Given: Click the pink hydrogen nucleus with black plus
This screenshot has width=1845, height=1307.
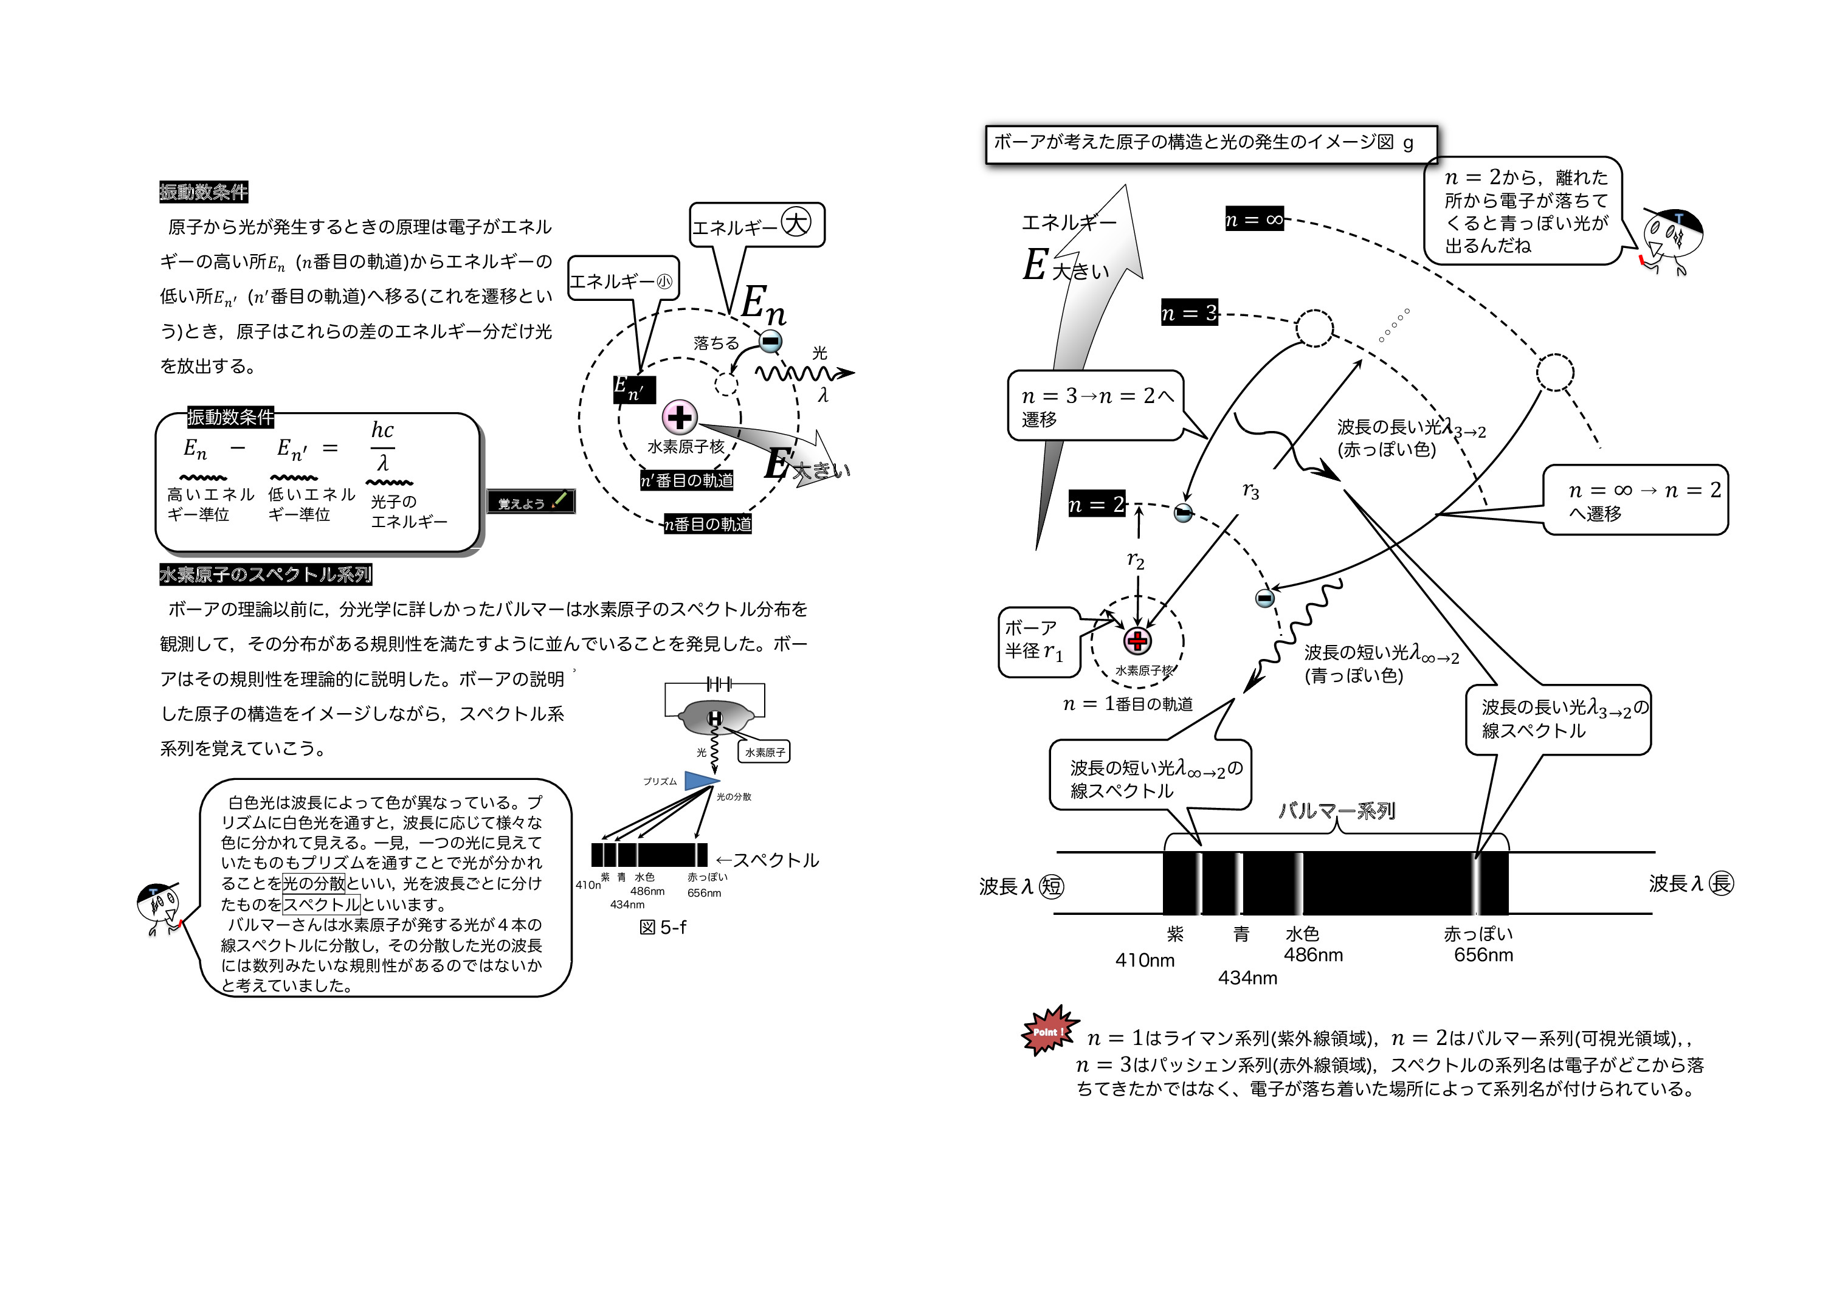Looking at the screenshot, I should pyautogui.click(x=680, y=417).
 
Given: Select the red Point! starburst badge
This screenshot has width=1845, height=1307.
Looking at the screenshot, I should pyautogui.click(x=1049, y=1030).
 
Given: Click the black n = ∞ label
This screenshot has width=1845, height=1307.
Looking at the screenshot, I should pyautogui.click(x=1254, y=219).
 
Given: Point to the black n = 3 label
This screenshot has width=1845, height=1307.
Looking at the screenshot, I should pyautogui.click(x=1189, y=312).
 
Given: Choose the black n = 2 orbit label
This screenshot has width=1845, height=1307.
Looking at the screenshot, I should pyautogui.click(x=1096, y=505).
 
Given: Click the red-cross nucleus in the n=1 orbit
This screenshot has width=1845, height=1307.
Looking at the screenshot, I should pyautogui.click(x=1137, y=641).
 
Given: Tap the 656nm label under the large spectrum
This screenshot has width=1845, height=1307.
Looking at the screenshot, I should pyautogui.click(x=1483, y=955).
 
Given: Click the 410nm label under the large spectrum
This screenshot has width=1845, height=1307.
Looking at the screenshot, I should pyautogui.click(x=1144, y=960).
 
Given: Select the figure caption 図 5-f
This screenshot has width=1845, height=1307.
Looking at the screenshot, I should pyautogui.click(x=662, y=927).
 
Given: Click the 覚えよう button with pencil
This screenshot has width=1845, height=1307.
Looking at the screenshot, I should pyautogui.click(x=531, y=502).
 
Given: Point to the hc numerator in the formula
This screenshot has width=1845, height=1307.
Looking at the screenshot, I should pyautogui.click(x=382, y=430).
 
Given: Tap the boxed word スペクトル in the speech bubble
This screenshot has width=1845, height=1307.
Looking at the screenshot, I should pyautogui.click(x=321, y=904).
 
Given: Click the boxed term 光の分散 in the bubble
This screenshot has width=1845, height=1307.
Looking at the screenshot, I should pyautogui.click(x=314, y=883).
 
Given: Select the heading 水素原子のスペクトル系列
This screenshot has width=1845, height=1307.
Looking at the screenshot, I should pyautogui.click(x=266, y=574).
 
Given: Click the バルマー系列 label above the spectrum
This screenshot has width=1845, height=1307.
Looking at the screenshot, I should pyautogui.click(x=1336, y=810).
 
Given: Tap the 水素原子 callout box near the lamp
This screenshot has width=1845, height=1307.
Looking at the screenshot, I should pyautogui.click(x=764, y=753).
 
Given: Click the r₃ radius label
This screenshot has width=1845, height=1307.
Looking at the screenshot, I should pyautogui.click(x=1250, y=491).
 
